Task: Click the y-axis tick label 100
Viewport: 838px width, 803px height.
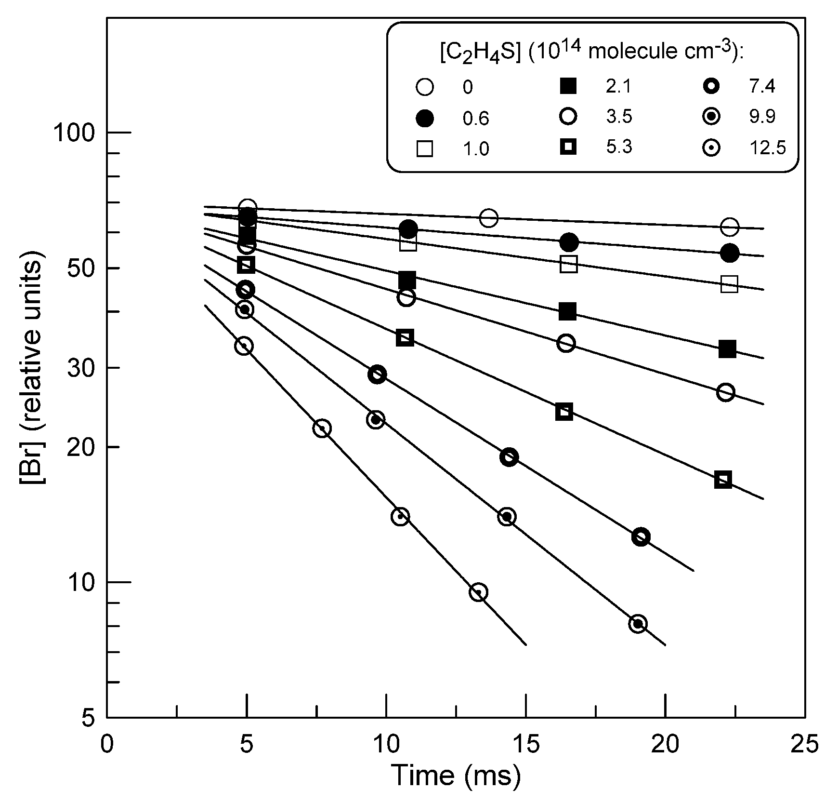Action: click(x=75, y=133)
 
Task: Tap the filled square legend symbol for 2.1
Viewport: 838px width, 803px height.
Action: click(x=568, y=87)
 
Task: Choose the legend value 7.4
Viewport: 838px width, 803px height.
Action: click(x=762, y=87)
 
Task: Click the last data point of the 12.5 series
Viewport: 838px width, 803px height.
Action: click(x=478, y=592)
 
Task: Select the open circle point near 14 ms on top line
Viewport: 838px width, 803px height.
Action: click(x=489, y=218)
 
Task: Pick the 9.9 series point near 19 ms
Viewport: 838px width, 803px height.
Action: click(x=638, y=624)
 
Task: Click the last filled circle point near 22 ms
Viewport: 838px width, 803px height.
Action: click(x=730, y=253)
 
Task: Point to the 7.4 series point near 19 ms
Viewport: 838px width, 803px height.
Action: click(x=641, y=536)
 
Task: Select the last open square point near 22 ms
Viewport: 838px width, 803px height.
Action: click(x=730, y=284)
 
